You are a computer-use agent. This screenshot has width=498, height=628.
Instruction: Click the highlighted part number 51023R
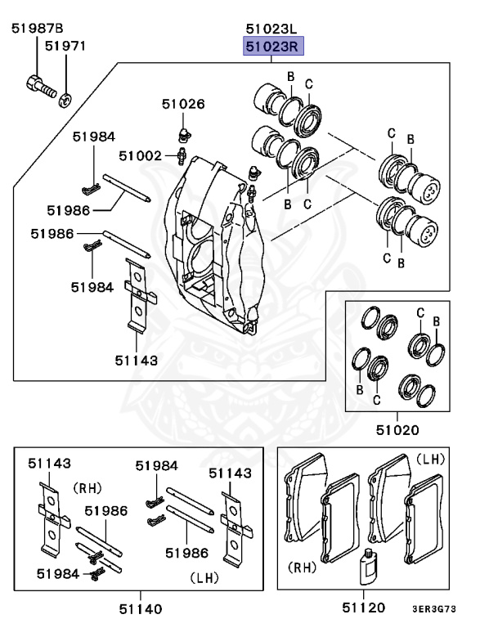[x=272, y=47]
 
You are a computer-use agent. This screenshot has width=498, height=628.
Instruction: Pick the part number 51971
[x=65, y=47]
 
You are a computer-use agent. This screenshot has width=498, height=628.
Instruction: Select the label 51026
[x=182, y=104]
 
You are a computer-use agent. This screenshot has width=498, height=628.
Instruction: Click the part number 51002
[x=140, y=155]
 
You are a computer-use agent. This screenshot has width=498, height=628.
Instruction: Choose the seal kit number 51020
[x=397, y=429]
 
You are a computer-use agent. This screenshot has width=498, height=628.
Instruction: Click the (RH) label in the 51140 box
[x=87, y=488]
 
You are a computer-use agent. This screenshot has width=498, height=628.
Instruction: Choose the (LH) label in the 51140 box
[x=204, y=577]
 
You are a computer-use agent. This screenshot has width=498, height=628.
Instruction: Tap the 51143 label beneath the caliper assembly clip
[x=136, y=359]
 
